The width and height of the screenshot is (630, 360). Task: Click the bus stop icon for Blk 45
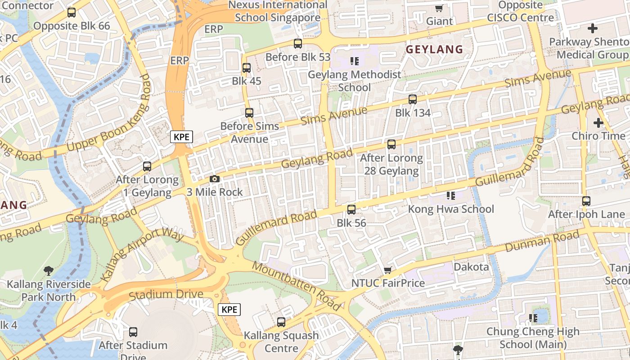click(246, 68)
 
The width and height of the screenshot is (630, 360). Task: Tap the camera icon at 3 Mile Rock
click(215, 179)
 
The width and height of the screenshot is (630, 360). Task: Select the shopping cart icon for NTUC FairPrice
click(387, 270)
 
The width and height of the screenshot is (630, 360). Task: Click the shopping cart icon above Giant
click(439, 8)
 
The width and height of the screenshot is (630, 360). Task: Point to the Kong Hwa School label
click(450, 209)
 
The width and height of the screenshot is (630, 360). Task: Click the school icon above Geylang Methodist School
click(355, 61)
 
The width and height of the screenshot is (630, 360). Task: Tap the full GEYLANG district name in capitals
click(434, 49)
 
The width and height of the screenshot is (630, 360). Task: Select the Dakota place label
click(471, 267)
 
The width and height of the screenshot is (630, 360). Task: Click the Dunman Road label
click(542, 242)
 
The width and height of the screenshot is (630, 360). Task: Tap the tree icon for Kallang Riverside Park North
click(49, 271)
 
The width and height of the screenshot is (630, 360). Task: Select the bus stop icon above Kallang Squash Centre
click(281, 322)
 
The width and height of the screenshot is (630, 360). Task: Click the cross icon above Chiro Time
click(598, 122)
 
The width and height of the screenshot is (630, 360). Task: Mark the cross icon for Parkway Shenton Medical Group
click(593, 28)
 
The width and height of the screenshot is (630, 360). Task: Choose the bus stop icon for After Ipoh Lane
click(586, 201)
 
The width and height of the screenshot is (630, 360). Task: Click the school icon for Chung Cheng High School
click(533, 318)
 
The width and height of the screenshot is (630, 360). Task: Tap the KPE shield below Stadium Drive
click(229, 310)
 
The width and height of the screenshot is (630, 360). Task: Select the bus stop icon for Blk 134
click(413, 99)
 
